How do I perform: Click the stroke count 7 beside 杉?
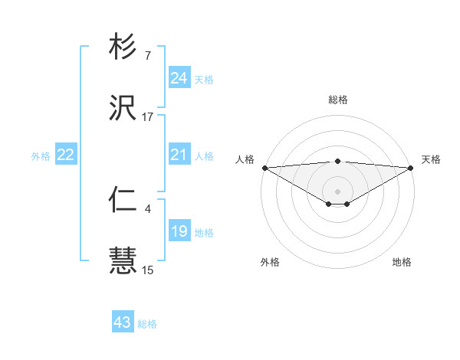tap(147, 56)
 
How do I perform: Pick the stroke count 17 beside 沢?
tap(147, 116)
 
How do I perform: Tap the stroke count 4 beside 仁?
tap(147, 208)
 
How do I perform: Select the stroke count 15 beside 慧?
tap(147, 270)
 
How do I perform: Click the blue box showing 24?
tap(179, 78)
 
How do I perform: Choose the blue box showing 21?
tap(179, 155)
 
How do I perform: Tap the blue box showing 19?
tap(179, 231)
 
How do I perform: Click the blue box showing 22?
tap(66, 155)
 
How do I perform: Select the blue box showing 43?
tap(122, 322)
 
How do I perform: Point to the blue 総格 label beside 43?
tap(147, 324)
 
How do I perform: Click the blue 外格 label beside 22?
tap(41, 156)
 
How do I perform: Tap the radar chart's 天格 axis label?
tap(431, 159)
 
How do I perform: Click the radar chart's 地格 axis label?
tap(402, 262)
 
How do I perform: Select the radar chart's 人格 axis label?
tap(245, 159)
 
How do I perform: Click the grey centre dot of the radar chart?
tap(337, 191)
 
